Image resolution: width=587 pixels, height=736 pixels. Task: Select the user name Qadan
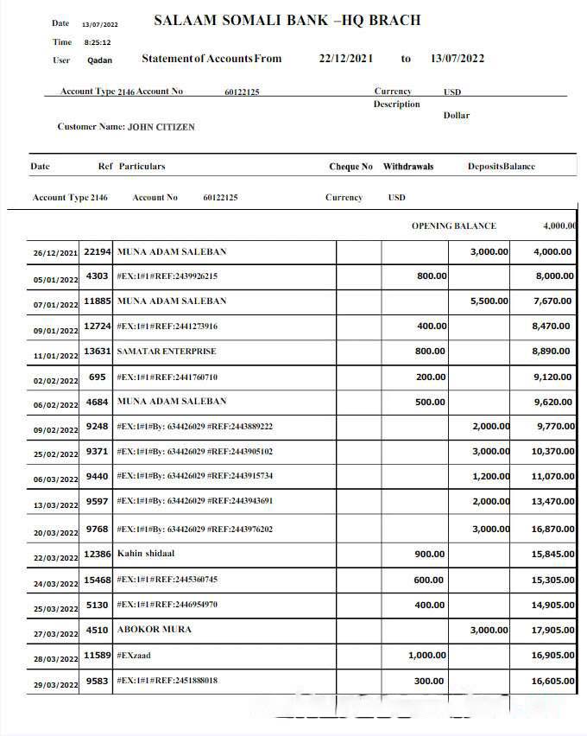coord(99,60)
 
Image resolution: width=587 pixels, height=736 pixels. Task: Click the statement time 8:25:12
coord(97,42)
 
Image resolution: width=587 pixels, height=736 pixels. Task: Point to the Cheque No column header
coord(350,167)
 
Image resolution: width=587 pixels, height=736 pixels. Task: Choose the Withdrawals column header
coord(408,167)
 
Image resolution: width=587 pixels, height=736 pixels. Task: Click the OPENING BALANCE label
coord(453,226)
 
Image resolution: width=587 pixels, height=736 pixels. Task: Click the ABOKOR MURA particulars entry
coord(154,629)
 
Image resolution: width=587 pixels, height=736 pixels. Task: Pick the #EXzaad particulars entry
coord(134,655)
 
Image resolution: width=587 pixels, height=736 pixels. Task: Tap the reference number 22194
coord(97,251)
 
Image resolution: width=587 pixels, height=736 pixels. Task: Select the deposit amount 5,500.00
coord(489,301)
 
